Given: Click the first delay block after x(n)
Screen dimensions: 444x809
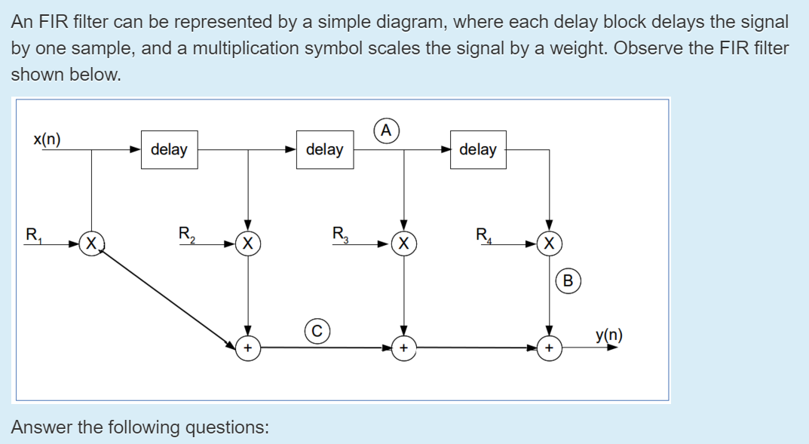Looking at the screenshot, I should [x=169, y=149].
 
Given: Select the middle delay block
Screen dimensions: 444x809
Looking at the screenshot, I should [x=324, y=149].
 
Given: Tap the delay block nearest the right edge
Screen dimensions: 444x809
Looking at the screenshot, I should [x=478, y=149].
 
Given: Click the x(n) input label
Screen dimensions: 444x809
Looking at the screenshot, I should [x=47, y=139].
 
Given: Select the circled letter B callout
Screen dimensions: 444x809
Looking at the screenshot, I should [x=568, y=281].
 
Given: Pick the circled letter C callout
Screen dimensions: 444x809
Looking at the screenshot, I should [x=317, y=329].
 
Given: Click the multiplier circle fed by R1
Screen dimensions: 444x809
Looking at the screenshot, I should [x=91, y=243].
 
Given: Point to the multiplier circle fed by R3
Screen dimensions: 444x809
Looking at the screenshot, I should [x=405, y=243].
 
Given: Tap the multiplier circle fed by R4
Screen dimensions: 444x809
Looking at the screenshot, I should [x=550, y=243].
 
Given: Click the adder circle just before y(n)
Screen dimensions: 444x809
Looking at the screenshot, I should [x=550, y=348].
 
